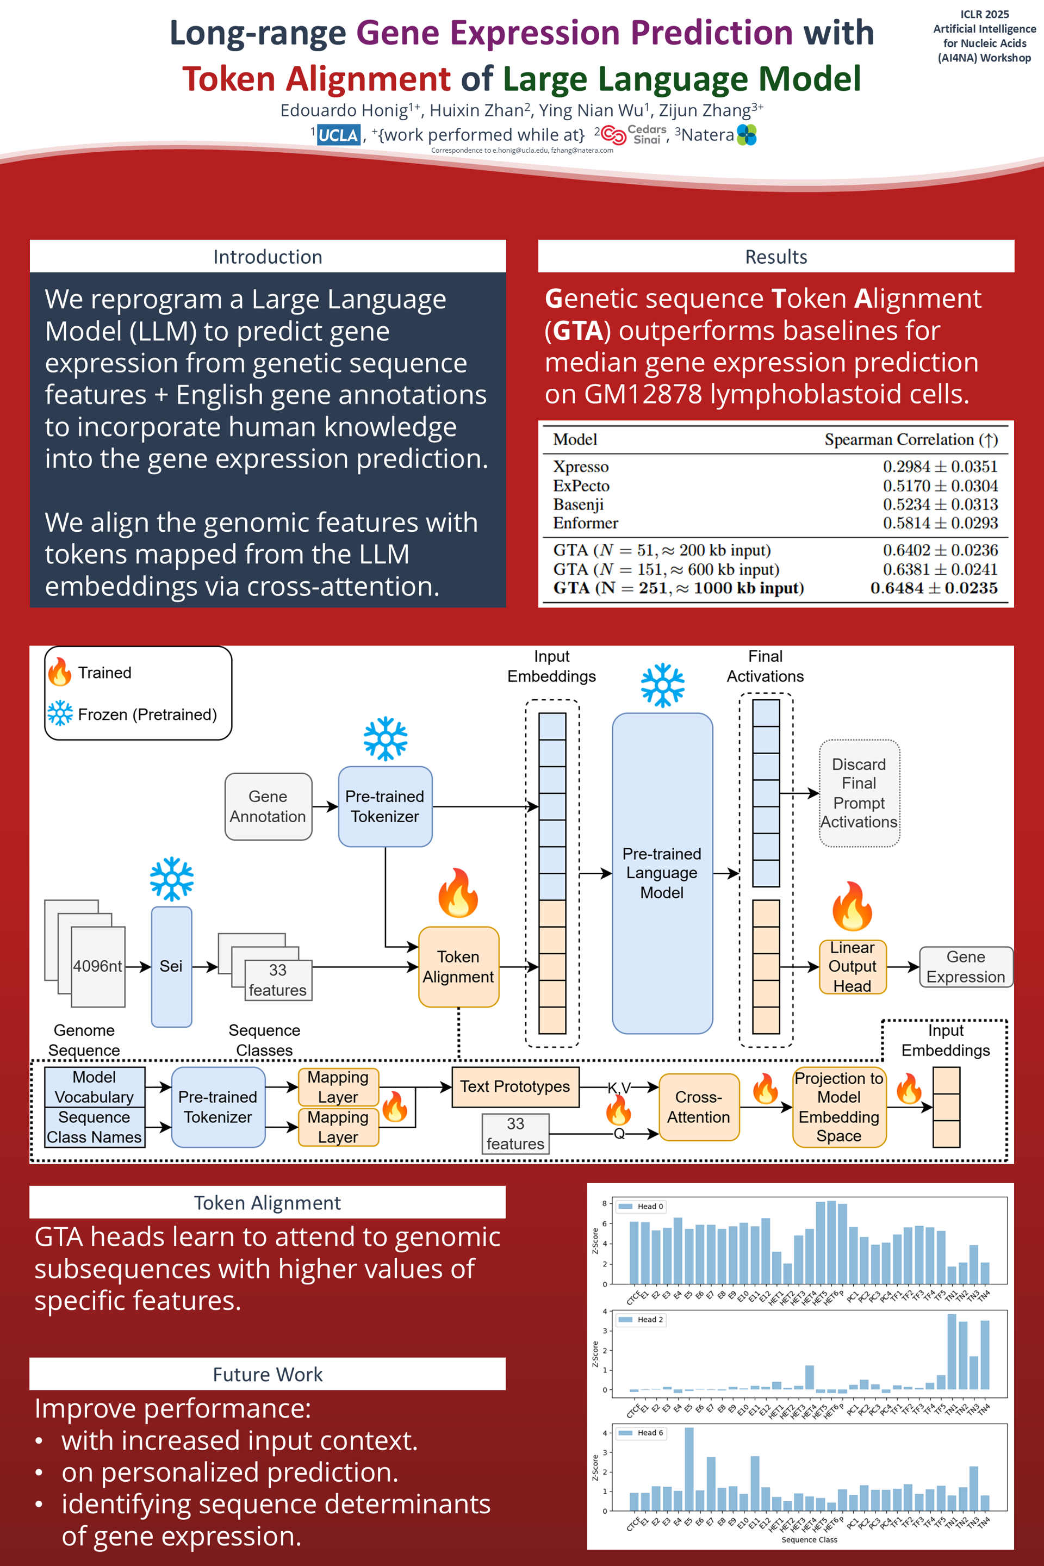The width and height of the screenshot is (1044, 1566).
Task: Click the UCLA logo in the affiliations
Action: pos(338,135)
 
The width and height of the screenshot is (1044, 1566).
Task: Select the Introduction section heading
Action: pos(268,257)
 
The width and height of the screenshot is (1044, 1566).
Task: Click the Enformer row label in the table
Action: pos(585,523)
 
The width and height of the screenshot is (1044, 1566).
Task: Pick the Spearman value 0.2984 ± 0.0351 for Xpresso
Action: pos(940,467)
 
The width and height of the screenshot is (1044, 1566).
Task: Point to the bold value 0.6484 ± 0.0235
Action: pos(934,588)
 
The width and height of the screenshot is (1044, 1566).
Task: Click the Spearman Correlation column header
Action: pos(911,439)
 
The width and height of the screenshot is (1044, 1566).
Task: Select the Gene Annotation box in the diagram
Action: pos(268,806)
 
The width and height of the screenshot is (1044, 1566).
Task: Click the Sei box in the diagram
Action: pos(171,966)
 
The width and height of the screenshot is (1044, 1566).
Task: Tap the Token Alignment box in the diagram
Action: pos(458,966)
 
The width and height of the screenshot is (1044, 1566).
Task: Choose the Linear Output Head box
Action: pos(852,966)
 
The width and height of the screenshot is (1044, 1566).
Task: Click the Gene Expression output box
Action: pos(966,967)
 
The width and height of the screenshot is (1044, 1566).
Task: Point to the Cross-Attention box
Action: pos(698,1107)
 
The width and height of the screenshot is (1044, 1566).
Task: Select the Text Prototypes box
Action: pos(515,1086)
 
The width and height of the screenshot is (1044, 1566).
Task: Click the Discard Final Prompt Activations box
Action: pos(859,793)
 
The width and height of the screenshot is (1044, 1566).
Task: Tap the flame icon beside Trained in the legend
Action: pos(60,672)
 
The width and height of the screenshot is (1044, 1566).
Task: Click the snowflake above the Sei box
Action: pos(172,879)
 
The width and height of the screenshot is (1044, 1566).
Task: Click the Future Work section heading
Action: pos(268,1374)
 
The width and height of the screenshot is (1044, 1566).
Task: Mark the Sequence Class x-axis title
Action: pos(809,1539)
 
